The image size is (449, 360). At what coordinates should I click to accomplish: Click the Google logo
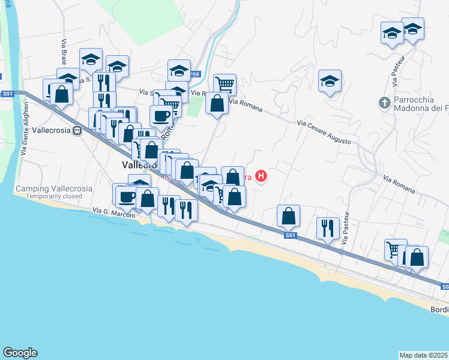click(x=20, y=353)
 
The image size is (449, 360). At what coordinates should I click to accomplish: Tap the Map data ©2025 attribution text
click(x=423, y=355)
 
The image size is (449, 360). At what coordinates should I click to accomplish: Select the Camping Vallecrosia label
click(x=54, y=188)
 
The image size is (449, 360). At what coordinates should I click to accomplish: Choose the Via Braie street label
click(x=63, y=52)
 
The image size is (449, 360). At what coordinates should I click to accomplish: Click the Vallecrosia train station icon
click(x=77, y=131)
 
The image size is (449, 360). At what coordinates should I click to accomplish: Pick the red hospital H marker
click(x=261, y=176)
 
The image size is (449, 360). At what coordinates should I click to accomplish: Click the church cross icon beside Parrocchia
click(x=385, y=103)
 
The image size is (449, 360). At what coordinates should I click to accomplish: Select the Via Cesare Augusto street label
click(x=323, y=131)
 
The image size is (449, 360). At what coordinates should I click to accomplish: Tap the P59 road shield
click(x=194, y=74)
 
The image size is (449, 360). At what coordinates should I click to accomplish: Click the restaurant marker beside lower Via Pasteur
click(x=327, y=227)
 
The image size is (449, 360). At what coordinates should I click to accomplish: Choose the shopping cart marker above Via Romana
click(x=224, y=84)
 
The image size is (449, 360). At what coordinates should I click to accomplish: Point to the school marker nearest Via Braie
click(x=91, y=59)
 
